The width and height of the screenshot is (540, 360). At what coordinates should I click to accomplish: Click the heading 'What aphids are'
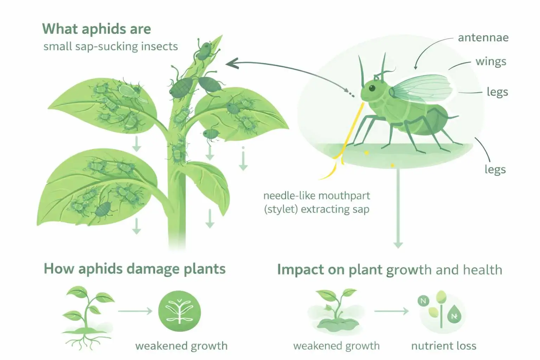pyautogui.click(x=96, y=29)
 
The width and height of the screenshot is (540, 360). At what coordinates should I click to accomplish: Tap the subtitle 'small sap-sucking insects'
pyautogui.click(x=110, y=46)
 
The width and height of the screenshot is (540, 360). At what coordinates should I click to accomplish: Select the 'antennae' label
pyautogui.click(x=483, y=38)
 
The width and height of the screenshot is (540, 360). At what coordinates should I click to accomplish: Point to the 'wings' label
pyautogui.click(x=491, y=62)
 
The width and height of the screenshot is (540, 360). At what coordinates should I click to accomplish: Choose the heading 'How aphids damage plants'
pyautogui.click(x=134, y=269)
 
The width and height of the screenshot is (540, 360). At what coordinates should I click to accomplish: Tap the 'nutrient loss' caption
pyautogui.click(x=444, y=346)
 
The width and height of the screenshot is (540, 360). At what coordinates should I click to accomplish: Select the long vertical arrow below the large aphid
pyautogui.click(x=398, y=207)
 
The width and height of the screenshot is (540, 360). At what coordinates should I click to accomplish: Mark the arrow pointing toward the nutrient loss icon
pyautogui.click(x=391, y=311)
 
